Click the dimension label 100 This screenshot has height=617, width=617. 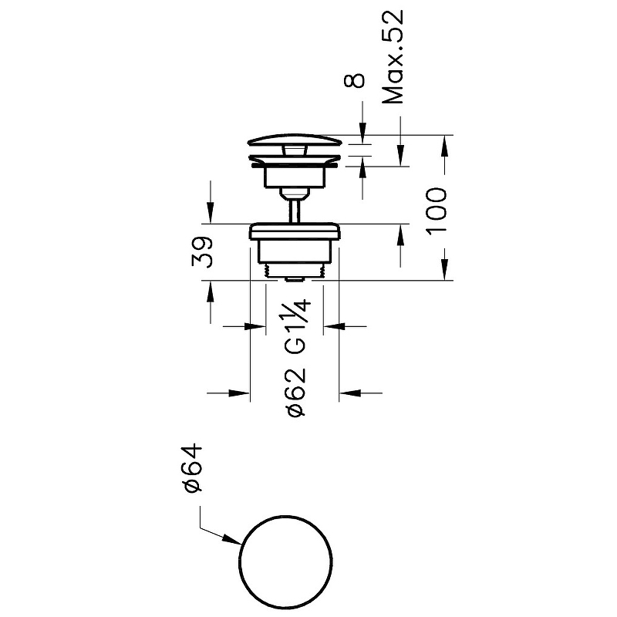point(437,211)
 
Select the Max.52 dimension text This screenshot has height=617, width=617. point(393,56)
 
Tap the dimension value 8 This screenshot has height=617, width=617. point(354,81)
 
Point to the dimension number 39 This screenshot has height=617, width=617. point(203,252)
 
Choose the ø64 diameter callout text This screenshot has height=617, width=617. point(193,468)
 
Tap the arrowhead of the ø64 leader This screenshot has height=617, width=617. point(233,540)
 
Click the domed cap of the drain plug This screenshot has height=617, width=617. point(295,140)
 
